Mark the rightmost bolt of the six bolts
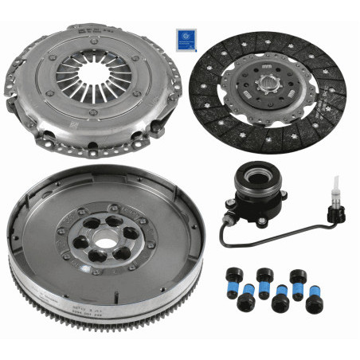point(315,303)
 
